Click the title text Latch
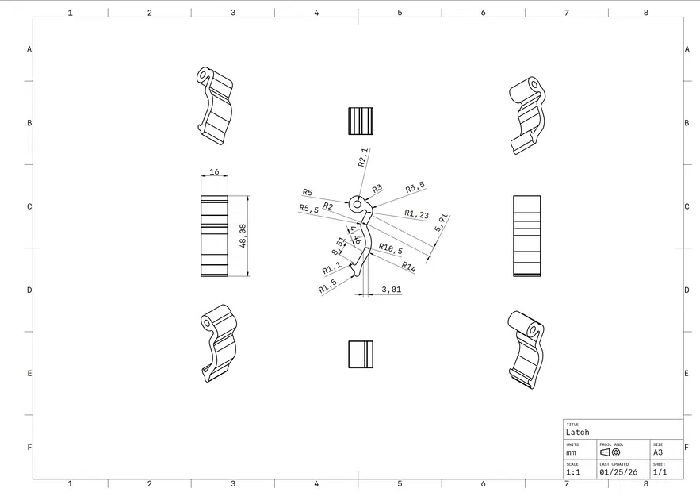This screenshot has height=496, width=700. tap(578, 433)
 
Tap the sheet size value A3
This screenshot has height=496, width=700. tap(658, 452)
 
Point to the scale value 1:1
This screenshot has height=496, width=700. tap(573, 471)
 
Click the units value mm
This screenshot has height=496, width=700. tap(572, 452)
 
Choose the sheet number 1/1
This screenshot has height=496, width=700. tap(660, 471)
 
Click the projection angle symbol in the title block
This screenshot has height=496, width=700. tap(610, 452)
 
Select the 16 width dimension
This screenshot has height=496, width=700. tap(214, 172)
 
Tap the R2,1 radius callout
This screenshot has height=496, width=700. tap(363, 157)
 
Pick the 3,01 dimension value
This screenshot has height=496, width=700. tap(391, 290)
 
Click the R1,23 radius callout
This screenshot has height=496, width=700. tap(416, 213)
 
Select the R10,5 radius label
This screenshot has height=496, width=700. tap(390, 248)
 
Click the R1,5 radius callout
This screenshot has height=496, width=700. tap(328, 286)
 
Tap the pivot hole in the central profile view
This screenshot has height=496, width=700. tap(357, 204)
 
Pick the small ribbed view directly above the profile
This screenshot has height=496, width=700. tap(361, 121)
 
